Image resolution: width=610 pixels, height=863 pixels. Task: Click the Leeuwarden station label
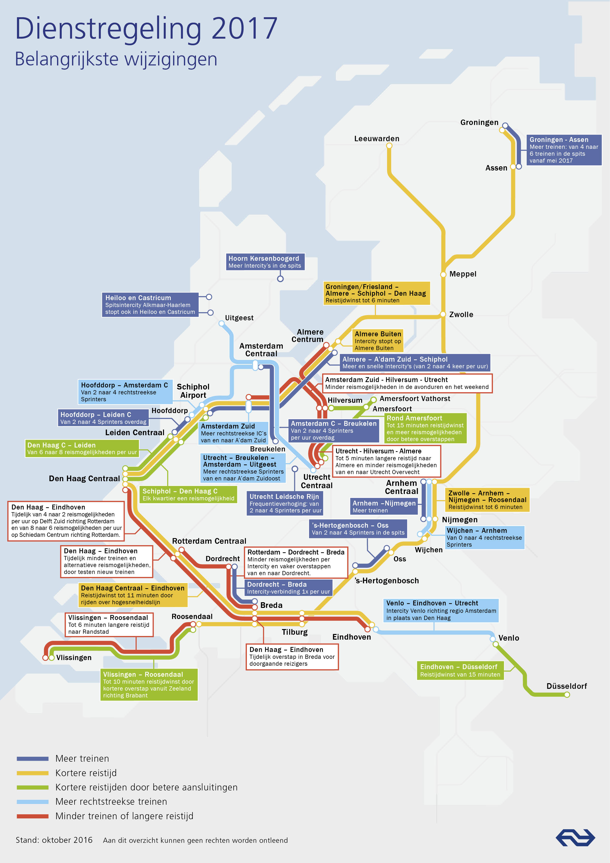coord(376,139)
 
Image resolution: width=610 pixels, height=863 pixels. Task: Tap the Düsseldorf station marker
coord(567,695)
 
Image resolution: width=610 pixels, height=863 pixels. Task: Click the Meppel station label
coord(462,274)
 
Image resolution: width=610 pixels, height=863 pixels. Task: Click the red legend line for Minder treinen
coord(33,816)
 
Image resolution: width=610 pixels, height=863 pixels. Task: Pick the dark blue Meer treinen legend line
coord(33,758)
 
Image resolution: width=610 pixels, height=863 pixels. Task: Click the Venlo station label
coord(509,638)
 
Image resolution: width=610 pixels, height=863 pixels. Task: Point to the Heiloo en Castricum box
coord(150,305)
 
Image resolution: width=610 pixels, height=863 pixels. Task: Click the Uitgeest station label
coord(239,318)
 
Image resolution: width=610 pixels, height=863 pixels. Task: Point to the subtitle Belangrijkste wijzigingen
coord(116,59)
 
